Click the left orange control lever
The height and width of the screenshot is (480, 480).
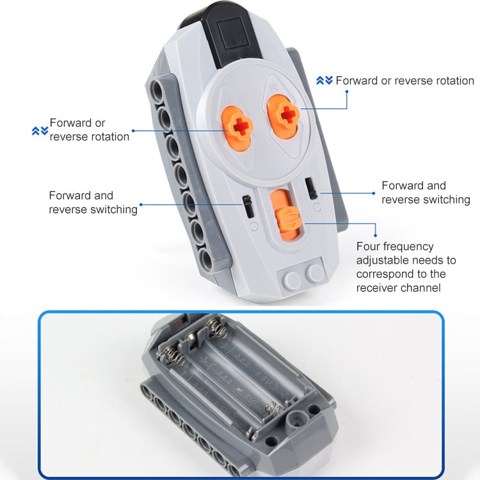tap(239, 125)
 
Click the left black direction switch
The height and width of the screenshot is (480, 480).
tap(246, 207)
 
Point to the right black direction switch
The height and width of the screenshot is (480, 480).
tap(312, 188)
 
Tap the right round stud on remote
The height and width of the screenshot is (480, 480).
tap(315, 273)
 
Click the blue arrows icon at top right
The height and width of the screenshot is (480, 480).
tap(324, 80)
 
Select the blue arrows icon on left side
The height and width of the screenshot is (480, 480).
tap(40, 131)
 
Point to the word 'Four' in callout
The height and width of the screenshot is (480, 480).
tap(369, 246)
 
